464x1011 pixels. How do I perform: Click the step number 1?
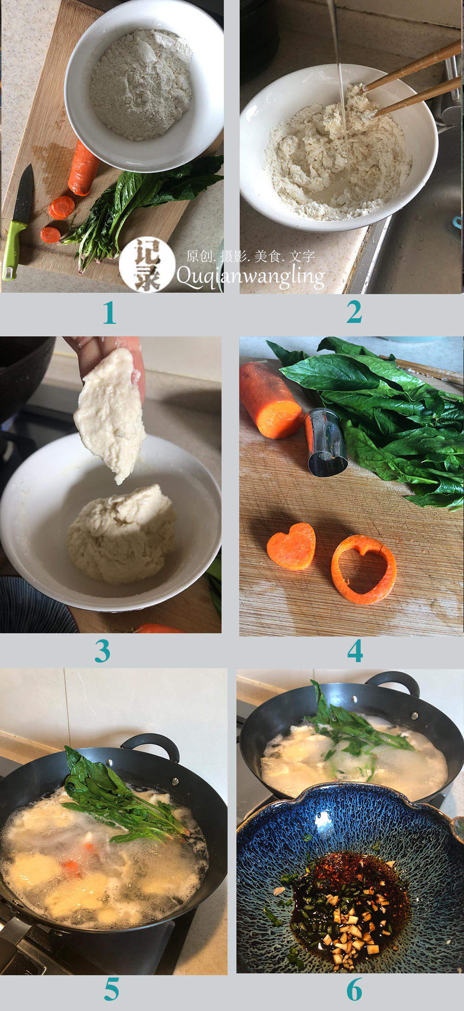point(110,313)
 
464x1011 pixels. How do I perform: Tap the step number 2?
point(354,312)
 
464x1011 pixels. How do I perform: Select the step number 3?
point(103,651)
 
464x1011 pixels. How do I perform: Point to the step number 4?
point(355,651)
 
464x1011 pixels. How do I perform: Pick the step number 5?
point(111,990)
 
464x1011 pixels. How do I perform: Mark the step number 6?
point(354,990)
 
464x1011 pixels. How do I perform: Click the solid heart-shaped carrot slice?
point(292,546)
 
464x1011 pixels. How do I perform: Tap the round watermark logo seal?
point(147,265)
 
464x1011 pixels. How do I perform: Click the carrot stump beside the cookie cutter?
point(270,400)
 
